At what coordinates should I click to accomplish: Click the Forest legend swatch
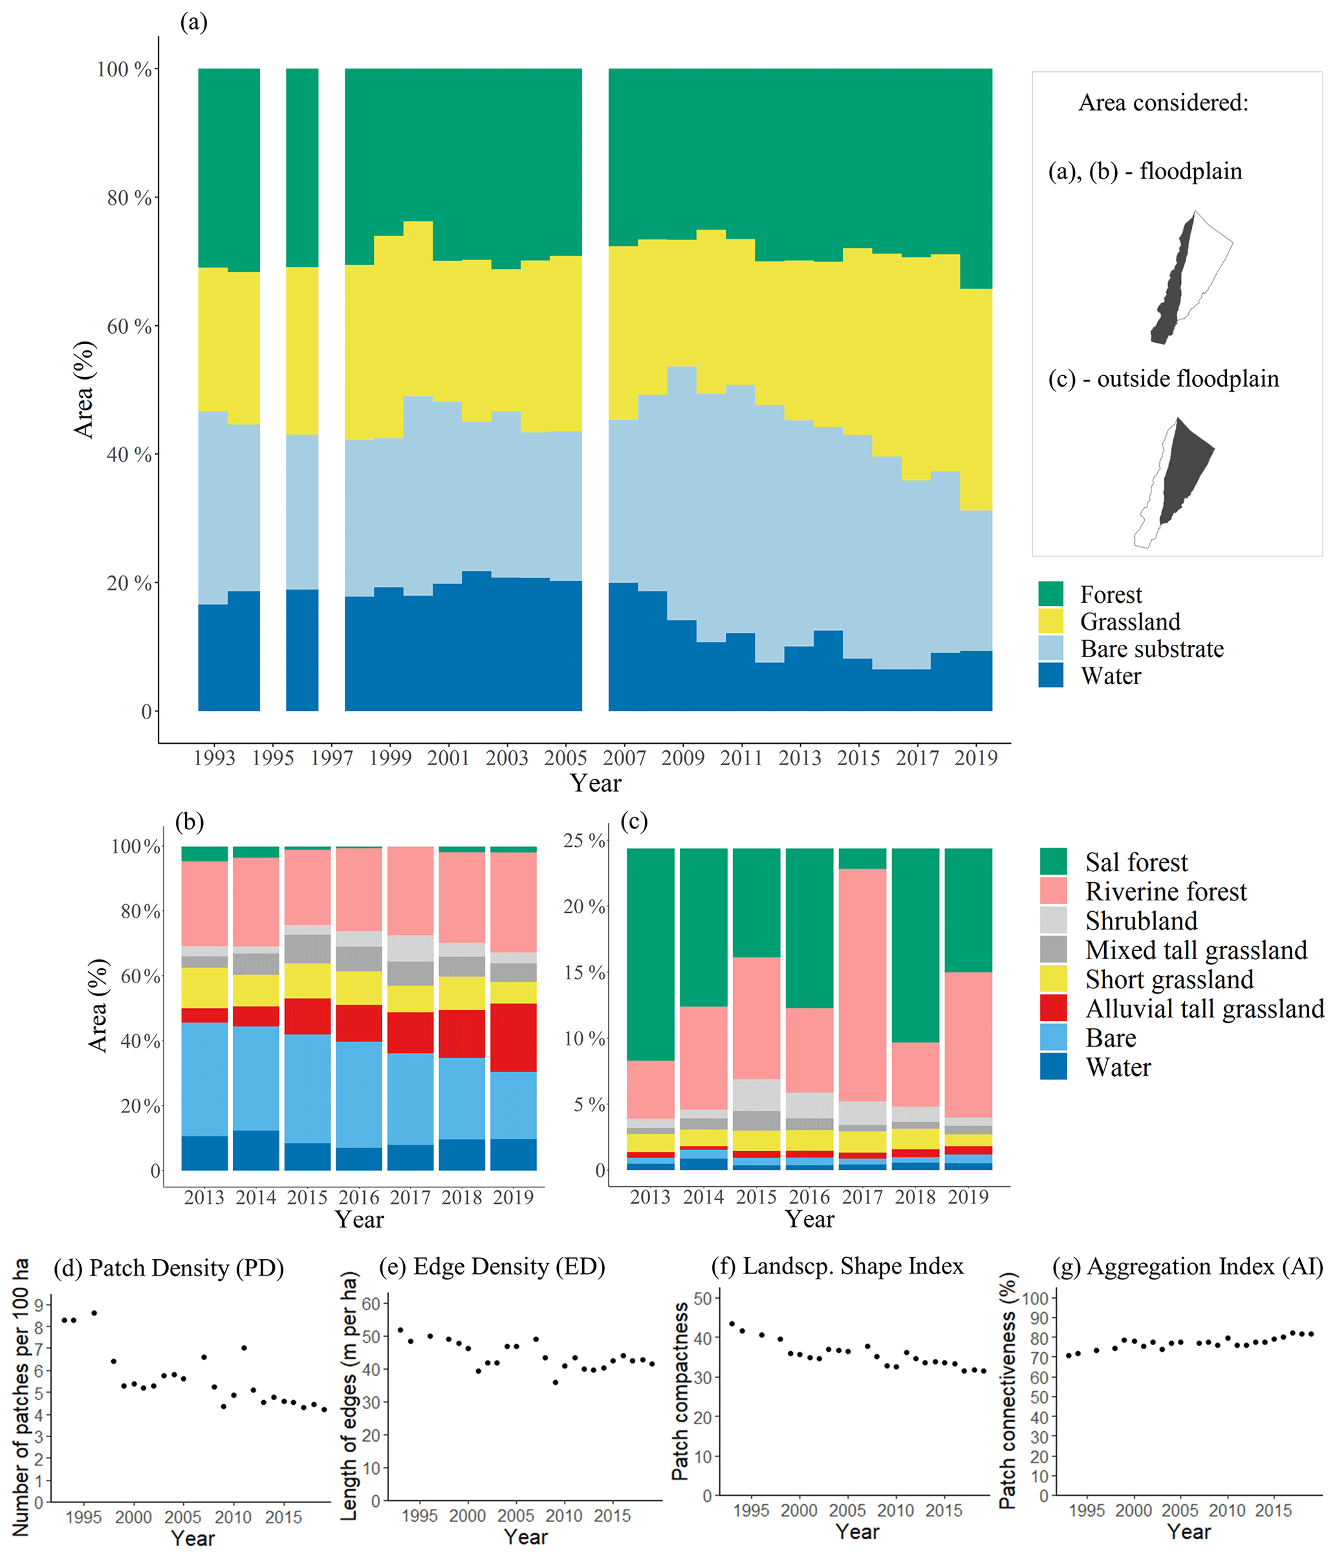pos(1050,594)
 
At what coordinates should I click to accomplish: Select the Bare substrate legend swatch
pos(1050,648)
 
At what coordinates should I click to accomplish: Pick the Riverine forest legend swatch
pos(1053,891)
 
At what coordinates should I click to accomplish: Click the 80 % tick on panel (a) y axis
pos(129,198)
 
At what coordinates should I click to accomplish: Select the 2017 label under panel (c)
pos(862,1197)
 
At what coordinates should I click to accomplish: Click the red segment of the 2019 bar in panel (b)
pos(514,1037)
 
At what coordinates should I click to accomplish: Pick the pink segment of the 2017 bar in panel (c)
pos(862,985)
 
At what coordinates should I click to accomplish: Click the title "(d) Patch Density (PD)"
pos(168,1268)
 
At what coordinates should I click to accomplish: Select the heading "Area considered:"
pos(1162,102)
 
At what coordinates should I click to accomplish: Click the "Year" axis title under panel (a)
pos(596,783)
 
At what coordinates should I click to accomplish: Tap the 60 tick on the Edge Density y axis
pos(371,1303)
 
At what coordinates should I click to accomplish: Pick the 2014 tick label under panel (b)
pos(255,1197)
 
